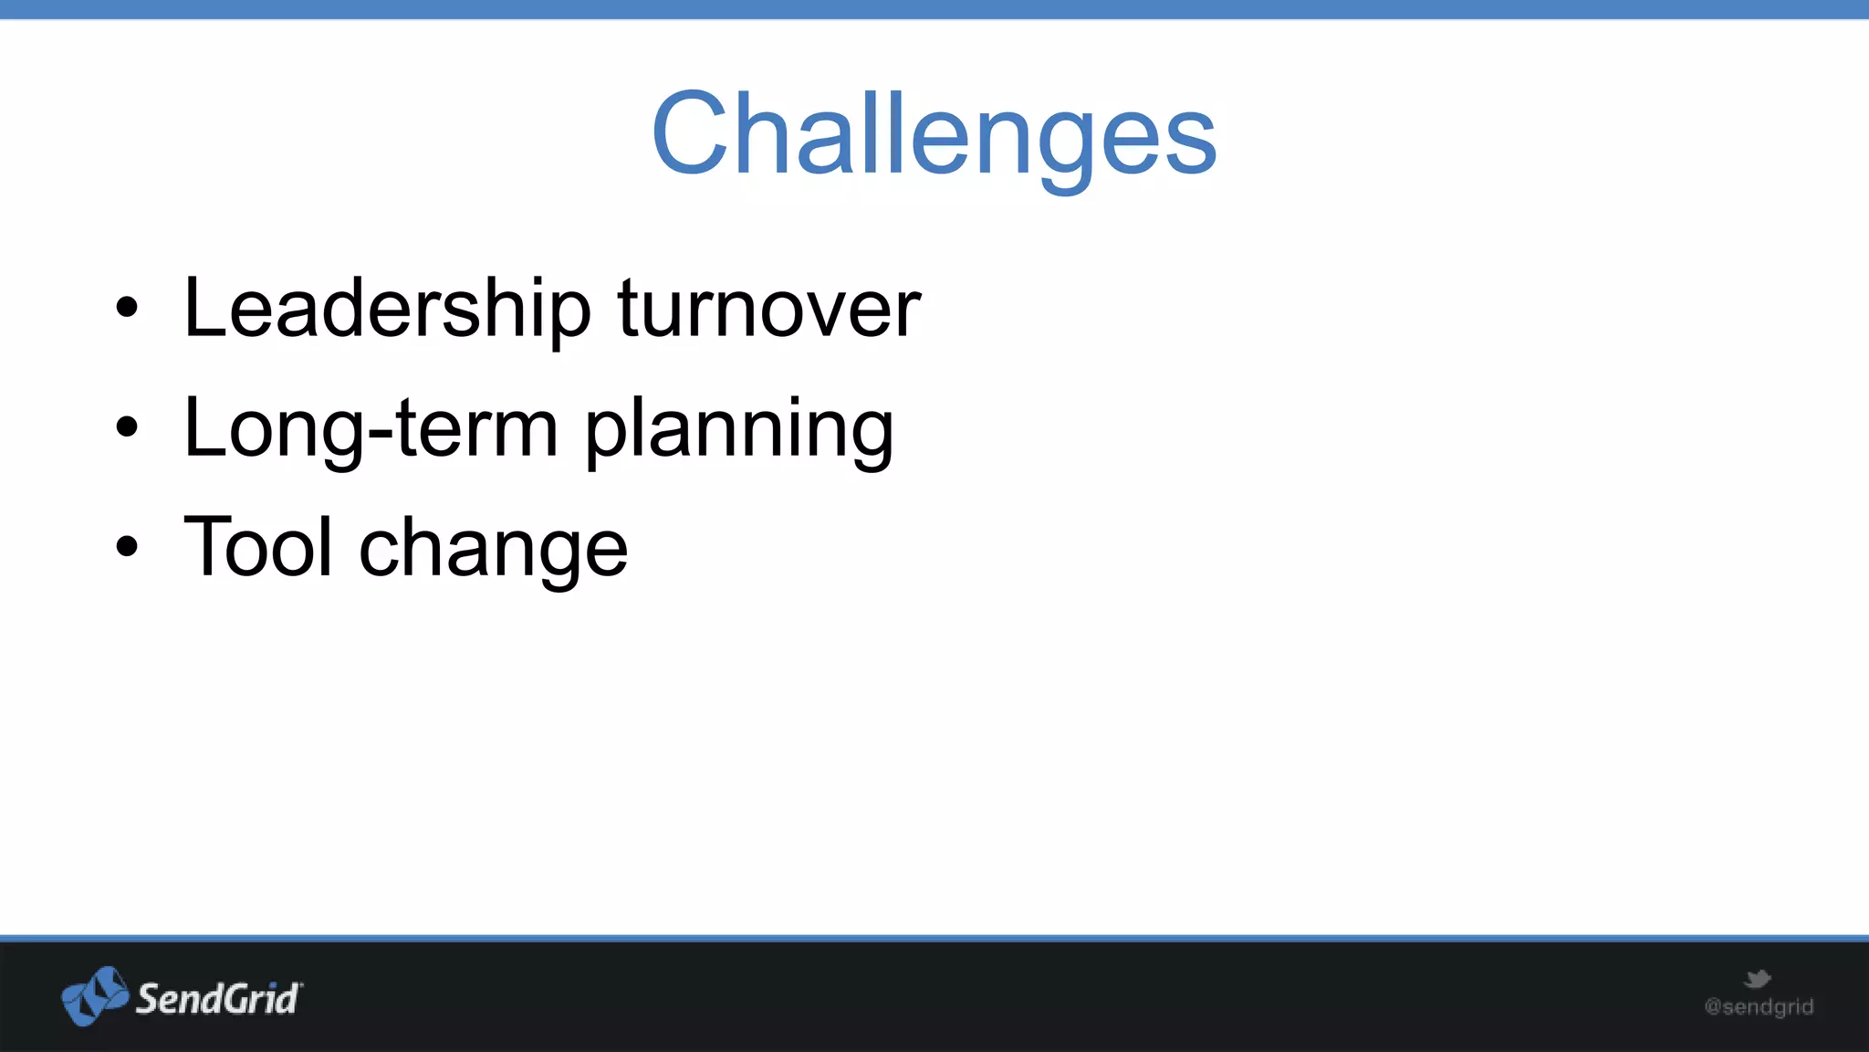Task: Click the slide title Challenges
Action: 934,135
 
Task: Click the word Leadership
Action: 387,309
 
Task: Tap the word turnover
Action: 768,309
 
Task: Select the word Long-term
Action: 370,429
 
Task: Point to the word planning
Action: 738,431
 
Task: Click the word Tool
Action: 258,547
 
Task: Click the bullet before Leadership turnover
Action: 127,308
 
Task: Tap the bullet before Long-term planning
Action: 127,426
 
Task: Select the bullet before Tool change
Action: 127,546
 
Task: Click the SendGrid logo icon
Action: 95,995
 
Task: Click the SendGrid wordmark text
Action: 217,999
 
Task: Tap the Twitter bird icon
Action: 1757,980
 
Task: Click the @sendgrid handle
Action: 1759,1006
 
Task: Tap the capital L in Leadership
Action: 203,308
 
